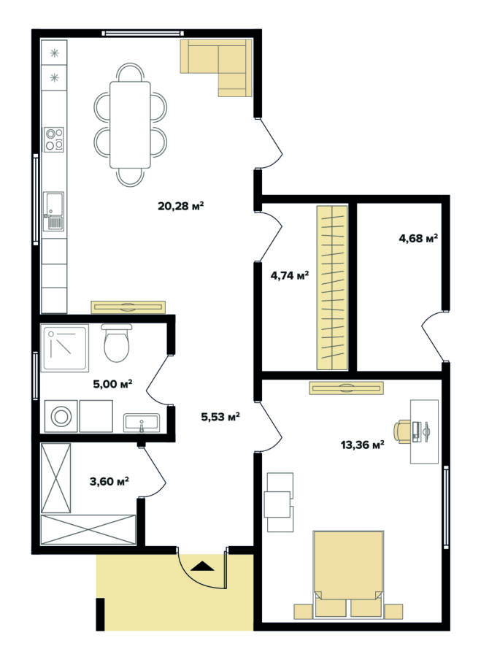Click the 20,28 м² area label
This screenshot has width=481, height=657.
(180, 206)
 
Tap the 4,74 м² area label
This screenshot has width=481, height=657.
(290, 275)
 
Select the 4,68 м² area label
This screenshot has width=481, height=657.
(418, 239)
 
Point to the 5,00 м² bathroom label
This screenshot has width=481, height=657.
(112, 383)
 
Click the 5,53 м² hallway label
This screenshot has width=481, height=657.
(220, 417)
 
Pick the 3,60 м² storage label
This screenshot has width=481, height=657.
(109, 482)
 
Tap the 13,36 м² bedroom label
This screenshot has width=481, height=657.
(363, 445)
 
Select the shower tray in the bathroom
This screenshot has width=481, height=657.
(65, 348)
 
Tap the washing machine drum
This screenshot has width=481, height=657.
(61, 417)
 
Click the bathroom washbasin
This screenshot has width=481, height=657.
(142, 423)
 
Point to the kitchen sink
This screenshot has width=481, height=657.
(53, 212)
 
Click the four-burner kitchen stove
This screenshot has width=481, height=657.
(55, 139)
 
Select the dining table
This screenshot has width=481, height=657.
(131, 125)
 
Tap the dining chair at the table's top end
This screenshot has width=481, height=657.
(131, 72)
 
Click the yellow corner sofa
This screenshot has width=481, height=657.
(216, 68)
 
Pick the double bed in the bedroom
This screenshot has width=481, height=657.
(349, 574)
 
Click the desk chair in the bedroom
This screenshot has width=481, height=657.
(402, 431)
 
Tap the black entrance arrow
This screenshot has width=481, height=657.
(202, 566)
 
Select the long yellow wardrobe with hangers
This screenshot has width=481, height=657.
(332, 288)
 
